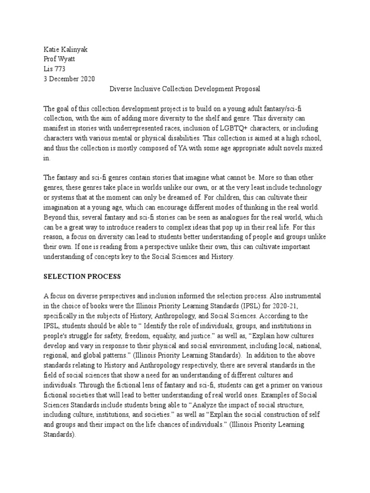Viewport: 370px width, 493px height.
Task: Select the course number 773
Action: [60, 69]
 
